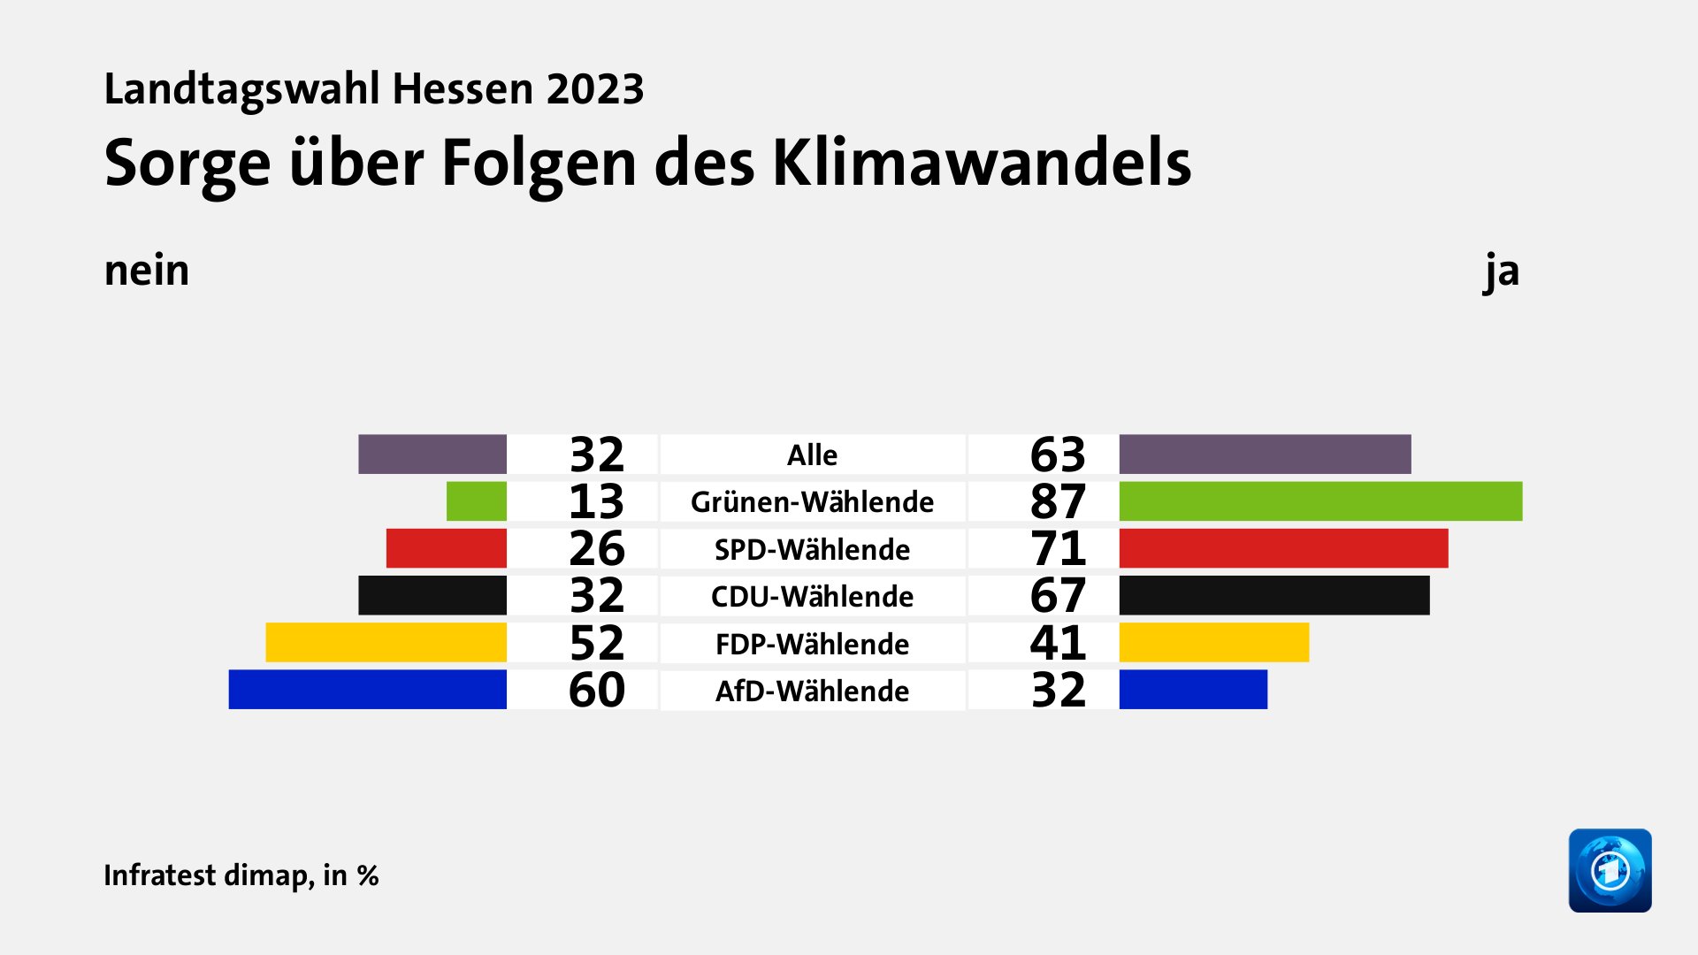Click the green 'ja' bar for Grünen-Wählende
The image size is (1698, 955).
click(1320, 501)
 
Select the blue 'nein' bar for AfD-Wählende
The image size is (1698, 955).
click(367, 690)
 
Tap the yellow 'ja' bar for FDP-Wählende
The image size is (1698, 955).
click(1213, 643)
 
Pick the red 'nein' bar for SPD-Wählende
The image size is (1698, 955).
click(446, 548)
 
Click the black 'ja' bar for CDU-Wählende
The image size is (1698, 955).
click(1273, 595)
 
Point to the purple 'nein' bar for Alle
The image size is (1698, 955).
click(432, 454)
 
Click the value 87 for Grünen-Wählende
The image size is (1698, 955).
click(1058, 501)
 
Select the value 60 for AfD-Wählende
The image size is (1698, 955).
click(597, 690)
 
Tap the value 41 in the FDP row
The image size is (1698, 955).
click(1058, 643)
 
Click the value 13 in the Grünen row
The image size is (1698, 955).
click(597, 501)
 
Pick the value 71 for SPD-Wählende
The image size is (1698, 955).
click(1058, 548)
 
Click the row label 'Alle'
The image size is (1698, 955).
click(812, 455)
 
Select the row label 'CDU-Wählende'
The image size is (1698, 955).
click(812, 596)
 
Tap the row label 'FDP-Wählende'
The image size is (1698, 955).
click(812, 644)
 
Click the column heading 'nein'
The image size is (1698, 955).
click(147, 271)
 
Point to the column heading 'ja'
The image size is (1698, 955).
click(1502, 271)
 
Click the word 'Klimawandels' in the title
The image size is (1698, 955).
click(982, 163)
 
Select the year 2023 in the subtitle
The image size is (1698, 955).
click(595, 88)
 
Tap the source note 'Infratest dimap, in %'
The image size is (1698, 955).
click(241, 875)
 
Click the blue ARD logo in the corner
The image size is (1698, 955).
click(1610, 870)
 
